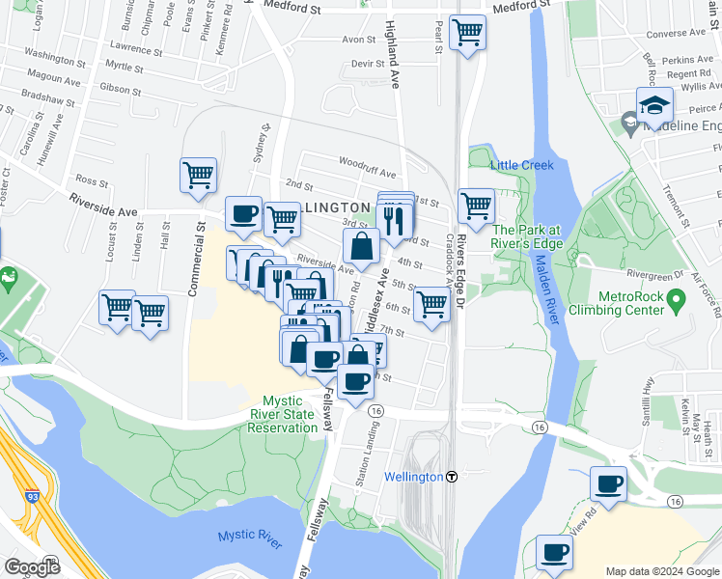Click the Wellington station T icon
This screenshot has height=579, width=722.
click(x=451, y=477)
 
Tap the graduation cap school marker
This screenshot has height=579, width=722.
click(x=654, y=106)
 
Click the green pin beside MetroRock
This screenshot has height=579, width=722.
click(x=676, y=302)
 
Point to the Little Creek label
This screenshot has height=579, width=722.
click(x=522, y=165)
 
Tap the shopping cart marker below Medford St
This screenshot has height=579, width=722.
click(x=468, y=33)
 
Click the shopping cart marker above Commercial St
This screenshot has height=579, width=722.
click(x=197, y=177)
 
